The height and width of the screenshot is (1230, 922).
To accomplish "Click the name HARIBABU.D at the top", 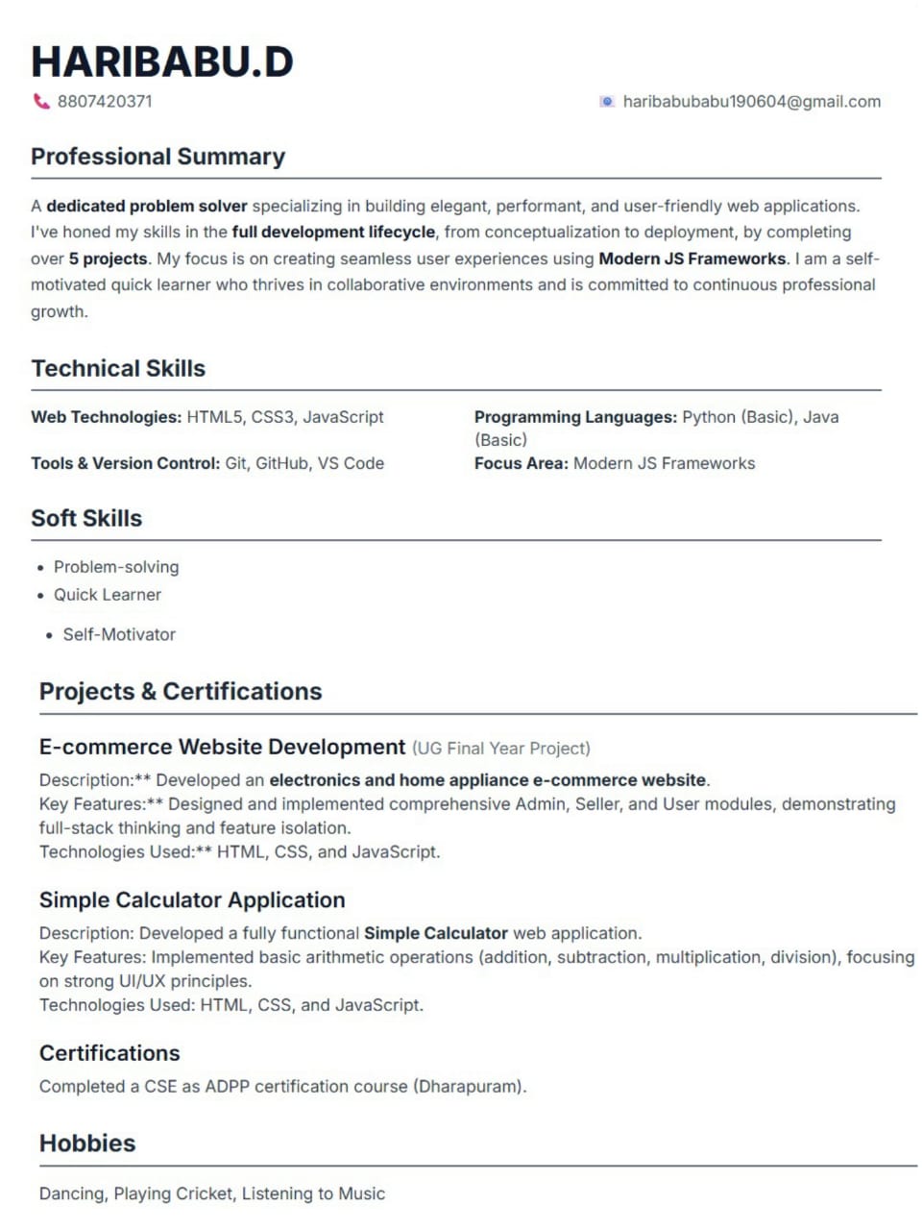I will pos(161,61).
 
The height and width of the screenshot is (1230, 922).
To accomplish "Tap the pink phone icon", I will pos(41,101).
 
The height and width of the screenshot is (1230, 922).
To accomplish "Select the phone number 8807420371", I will pos(105,101).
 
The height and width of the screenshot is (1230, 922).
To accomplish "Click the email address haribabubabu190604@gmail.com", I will pos(751,101).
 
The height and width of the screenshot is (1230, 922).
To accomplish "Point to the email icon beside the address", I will pos(606,101).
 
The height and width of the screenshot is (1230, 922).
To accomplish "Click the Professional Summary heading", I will pos(158,157).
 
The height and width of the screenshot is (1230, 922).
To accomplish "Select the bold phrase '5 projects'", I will pos(108,258).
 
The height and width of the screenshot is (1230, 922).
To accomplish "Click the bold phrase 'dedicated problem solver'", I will pos(147,206).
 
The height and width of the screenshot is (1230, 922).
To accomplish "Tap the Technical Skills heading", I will pos(118,368).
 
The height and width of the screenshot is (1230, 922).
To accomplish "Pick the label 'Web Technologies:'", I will pos(106,417).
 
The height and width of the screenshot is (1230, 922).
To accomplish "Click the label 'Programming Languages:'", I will pos(575,417).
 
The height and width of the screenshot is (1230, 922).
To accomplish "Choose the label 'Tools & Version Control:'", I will pos(126,463).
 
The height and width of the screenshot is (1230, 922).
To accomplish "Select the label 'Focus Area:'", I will pos(522,463).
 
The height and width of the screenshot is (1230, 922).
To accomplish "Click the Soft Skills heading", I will pos(86,518).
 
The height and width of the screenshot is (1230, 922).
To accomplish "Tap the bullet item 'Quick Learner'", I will pos(108,595).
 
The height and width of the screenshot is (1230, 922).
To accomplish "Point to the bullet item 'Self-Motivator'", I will pos(119,634).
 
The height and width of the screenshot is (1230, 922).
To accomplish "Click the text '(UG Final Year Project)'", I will pos(500,749).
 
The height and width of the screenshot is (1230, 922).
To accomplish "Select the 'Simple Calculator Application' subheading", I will pos(192,900).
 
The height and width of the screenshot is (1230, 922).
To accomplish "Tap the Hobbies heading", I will pos(87,1144).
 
